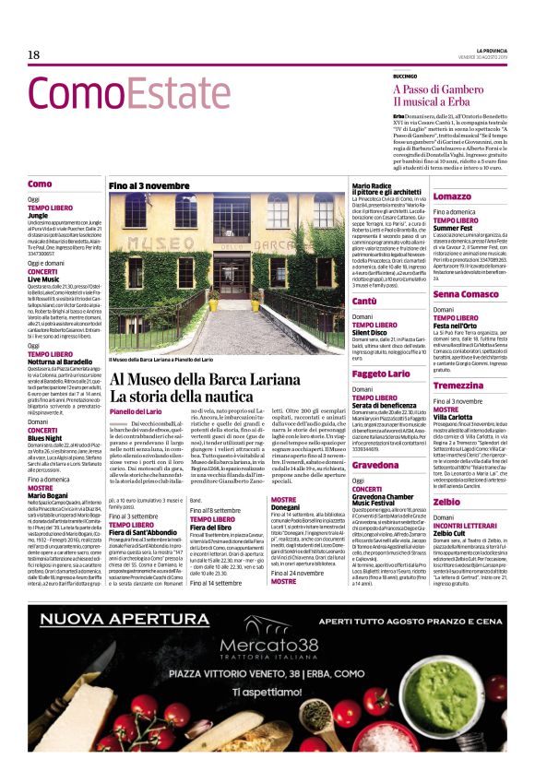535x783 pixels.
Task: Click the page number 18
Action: point(34,56)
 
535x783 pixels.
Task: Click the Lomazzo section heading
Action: point(452,196)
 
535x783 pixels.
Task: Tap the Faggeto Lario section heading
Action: point(381,374)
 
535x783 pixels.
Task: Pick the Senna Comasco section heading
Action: point(467,294)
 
